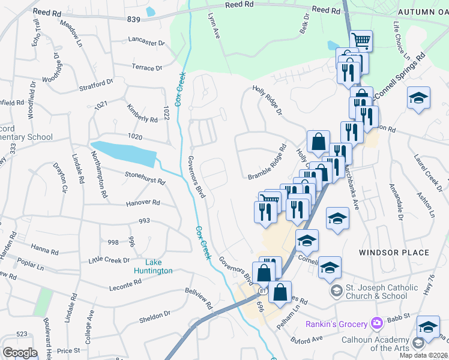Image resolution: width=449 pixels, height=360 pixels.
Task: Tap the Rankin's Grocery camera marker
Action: pyautogui.click(x=377, y=323)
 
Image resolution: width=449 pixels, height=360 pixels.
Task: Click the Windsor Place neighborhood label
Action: pyautogui.click(x=394, y=253)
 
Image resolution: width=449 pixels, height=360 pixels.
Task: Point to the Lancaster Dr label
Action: pyautogui.click(x=146, y=43)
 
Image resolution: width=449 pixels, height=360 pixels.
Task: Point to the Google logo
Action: pyautogui.click(x=20, y=352)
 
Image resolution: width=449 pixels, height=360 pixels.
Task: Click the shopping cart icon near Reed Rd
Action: pyautogui.click(x=361, y=41)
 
